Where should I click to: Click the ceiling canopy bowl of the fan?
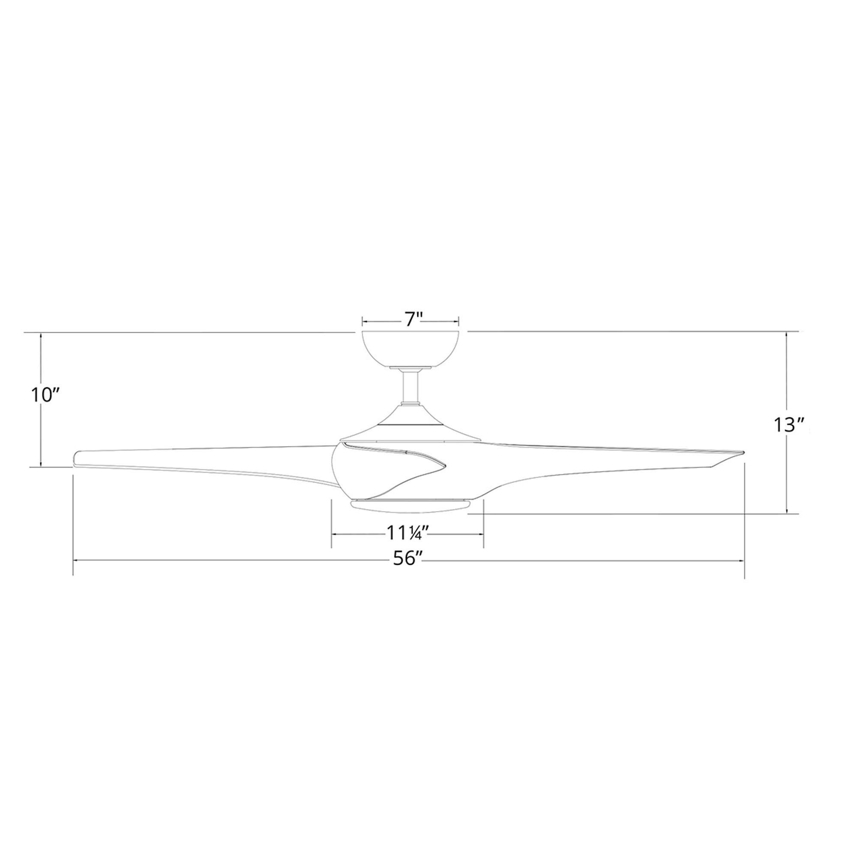(x=411, y=351)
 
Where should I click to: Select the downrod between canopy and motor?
(x=411, y=387)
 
